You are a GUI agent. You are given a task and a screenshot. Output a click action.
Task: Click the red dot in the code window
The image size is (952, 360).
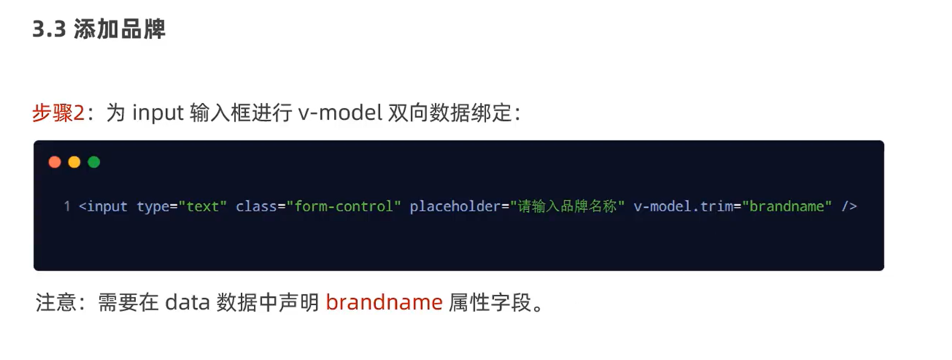pos(55,162)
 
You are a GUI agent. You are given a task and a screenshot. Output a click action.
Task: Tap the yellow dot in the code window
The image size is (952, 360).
pos(74,162)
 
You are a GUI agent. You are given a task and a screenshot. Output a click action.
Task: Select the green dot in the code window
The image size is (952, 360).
pos(93,162)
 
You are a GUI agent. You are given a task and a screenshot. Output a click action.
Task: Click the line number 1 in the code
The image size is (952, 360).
pos(67,207)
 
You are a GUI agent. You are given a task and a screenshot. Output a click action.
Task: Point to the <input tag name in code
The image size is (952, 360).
pos(103,207)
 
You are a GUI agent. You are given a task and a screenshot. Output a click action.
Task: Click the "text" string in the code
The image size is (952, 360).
pos(203,207)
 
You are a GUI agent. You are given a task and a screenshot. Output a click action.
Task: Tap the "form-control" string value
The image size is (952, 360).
pos(344,207)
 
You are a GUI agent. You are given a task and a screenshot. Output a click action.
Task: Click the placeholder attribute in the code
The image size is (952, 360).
pos(455,207)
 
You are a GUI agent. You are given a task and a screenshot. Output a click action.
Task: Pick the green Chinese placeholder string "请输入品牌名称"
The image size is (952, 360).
pos(567,207)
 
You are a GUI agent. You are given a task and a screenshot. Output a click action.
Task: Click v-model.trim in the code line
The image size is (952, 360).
pos(683,207)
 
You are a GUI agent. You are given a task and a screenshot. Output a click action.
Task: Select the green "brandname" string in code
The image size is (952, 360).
pos(786,207)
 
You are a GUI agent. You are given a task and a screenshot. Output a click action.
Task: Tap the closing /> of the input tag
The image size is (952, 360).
pos(849,207)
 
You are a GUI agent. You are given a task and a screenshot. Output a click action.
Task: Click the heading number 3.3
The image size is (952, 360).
pos(49,29)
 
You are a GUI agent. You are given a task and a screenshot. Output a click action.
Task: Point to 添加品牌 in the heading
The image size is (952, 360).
pos(119,29)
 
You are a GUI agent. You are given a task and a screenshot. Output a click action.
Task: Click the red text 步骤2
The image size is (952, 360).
pos(58,113)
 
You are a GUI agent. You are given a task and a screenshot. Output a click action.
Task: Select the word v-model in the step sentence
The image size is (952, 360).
pos(340,113)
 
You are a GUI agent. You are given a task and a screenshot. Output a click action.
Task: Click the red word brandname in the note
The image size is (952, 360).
pos(384,302)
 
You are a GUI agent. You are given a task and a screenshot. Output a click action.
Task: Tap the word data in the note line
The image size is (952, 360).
pos(187,302)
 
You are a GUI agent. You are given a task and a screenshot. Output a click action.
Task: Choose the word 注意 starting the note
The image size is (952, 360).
pos(56,302)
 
